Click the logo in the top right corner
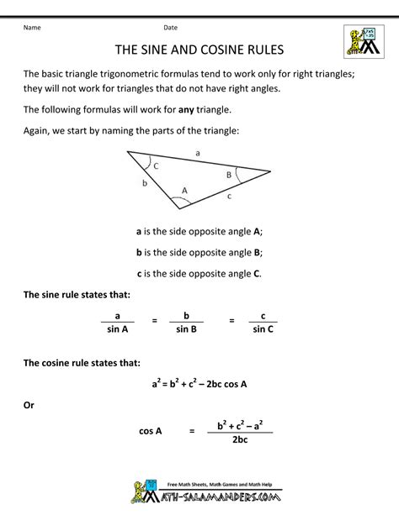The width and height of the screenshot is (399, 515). point(363,43)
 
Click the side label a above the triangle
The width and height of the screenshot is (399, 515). point(198,153)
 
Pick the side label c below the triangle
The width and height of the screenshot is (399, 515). point(229,197)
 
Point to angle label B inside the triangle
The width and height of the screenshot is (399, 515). point(226,175)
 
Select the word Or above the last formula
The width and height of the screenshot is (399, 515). point(29,404)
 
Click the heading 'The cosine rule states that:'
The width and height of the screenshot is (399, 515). point(82,362)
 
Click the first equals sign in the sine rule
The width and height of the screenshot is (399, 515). point(154,320)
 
